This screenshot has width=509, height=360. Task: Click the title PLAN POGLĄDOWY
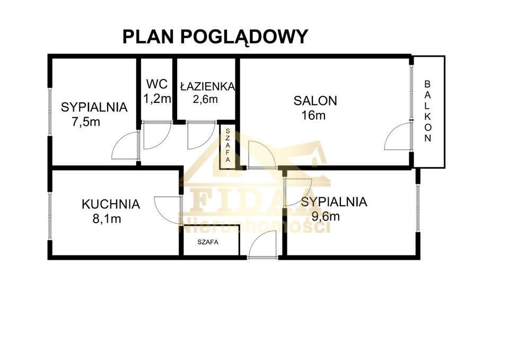point(215,37)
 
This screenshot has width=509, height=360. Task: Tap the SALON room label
point(315,100)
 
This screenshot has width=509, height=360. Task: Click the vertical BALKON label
point(428,111)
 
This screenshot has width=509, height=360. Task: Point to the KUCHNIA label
point(111,204)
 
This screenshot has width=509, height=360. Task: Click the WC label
point(157,84)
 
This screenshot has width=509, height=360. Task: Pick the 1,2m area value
point(157,98)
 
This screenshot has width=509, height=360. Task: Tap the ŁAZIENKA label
point(207,86)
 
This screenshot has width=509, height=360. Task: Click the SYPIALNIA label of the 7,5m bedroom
point(94,107)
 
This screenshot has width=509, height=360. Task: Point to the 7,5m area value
point(86,121)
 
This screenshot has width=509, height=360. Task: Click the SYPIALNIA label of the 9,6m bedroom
point(334,201)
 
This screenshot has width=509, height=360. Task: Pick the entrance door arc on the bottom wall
point(263,245)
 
